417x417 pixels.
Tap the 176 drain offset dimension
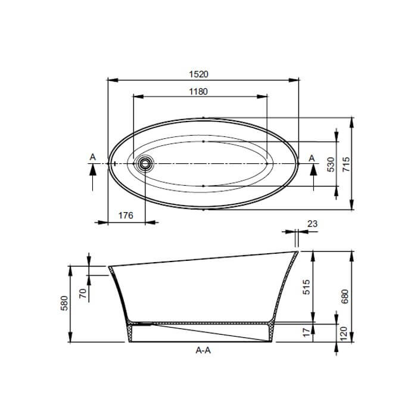(x=125, y=216)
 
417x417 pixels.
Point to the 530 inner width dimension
(x=331, y=165)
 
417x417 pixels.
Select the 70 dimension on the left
(x=83, y=292)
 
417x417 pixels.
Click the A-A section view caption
(x=203, y=351)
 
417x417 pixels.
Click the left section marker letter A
(x=92, y=156)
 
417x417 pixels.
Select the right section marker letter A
(x=312, y=157)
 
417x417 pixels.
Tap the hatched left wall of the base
(x=130, y=332)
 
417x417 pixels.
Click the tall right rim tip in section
(x=297, y=254)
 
